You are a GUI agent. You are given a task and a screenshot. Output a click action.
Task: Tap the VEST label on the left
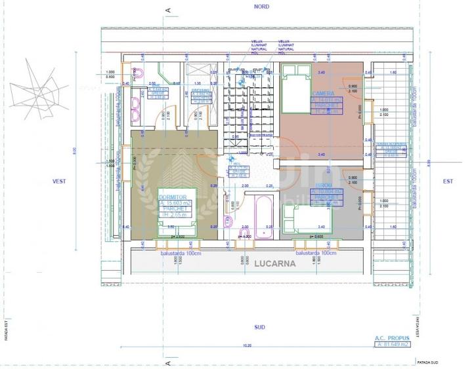point(61,181)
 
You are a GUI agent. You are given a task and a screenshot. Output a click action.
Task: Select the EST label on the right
point(448,181)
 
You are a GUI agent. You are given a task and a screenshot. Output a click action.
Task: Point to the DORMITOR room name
point(173,197)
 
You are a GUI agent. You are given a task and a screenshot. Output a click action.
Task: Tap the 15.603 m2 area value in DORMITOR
point(175,203)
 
